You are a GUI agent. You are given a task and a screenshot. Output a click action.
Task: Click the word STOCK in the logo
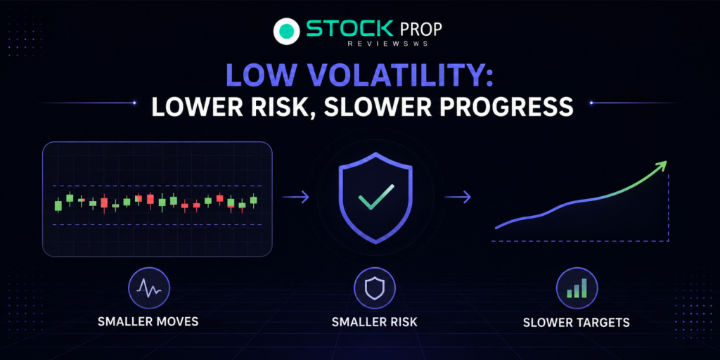pyautogui.click(x=350, y=29)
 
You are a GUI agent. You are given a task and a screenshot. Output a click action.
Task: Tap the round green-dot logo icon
pyautogui.click(x=287, y=31)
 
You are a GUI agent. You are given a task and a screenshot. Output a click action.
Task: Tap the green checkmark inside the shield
pyautogui.click(x=376, y=197)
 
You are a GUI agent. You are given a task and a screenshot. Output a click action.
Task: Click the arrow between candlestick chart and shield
pyautogui.click(x=296, y=197)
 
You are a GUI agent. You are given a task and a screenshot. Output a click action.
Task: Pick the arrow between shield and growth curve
pyautogui.click(x=458, y=197)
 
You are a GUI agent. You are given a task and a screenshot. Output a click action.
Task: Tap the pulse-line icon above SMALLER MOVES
pyautogui.click(x=149, y=288)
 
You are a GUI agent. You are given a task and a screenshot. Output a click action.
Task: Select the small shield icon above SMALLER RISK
pyautogui.click(x=375, y=288)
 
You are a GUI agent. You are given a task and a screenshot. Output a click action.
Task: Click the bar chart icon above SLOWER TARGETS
pyautogui.click(x=577, y=288)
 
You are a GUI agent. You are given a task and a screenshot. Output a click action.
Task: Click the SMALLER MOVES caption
pyautogui.click(x=148, y=321)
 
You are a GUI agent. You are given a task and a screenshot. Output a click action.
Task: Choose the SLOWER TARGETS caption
pyautogui.click(x=577, y=322)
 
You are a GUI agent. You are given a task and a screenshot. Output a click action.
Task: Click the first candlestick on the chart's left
pyautogui.click(x=58, y=205)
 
